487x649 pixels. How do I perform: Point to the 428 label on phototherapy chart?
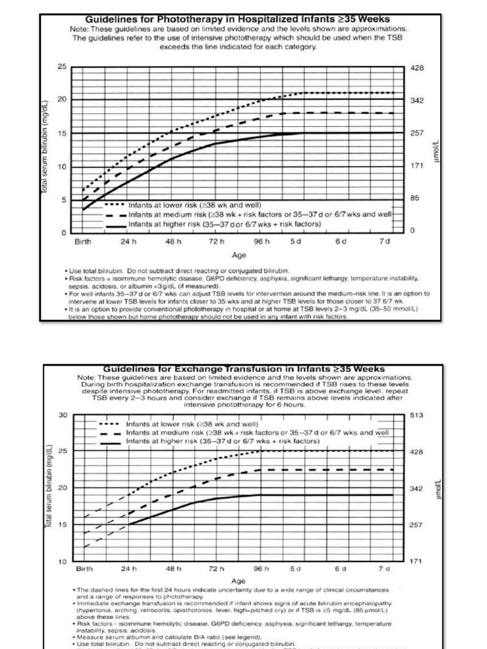417,67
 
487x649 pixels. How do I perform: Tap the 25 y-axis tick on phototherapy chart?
62,67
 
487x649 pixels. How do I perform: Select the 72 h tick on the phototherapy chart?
218,241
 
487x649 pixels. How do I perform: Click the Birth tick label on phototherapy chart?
83,241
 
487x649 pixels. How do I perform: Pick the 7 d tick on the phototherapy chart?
384,241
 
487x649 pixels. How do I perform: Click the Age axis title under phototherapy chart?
239,256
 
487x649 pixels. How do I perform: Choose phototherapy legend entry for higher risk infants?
224,224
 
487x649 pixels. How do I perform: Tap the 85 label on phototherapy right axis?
415,198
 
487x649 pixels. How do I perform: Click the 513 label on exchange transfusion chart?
418,415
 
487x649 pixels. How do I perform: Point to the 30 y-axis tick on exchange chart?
62,415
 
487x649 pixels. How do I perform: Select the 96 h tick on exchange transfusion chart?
263,569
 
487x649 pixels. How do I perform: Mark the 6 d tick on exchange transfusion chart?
341,569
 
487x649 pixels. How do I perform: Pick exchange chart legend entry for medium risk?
257,432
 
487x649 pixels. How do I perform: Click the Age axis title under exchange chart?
238,581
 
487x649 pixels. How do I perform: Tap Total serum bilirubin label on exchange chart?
48,488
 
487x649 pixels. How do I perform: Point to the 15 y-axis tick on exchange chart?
62,525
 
